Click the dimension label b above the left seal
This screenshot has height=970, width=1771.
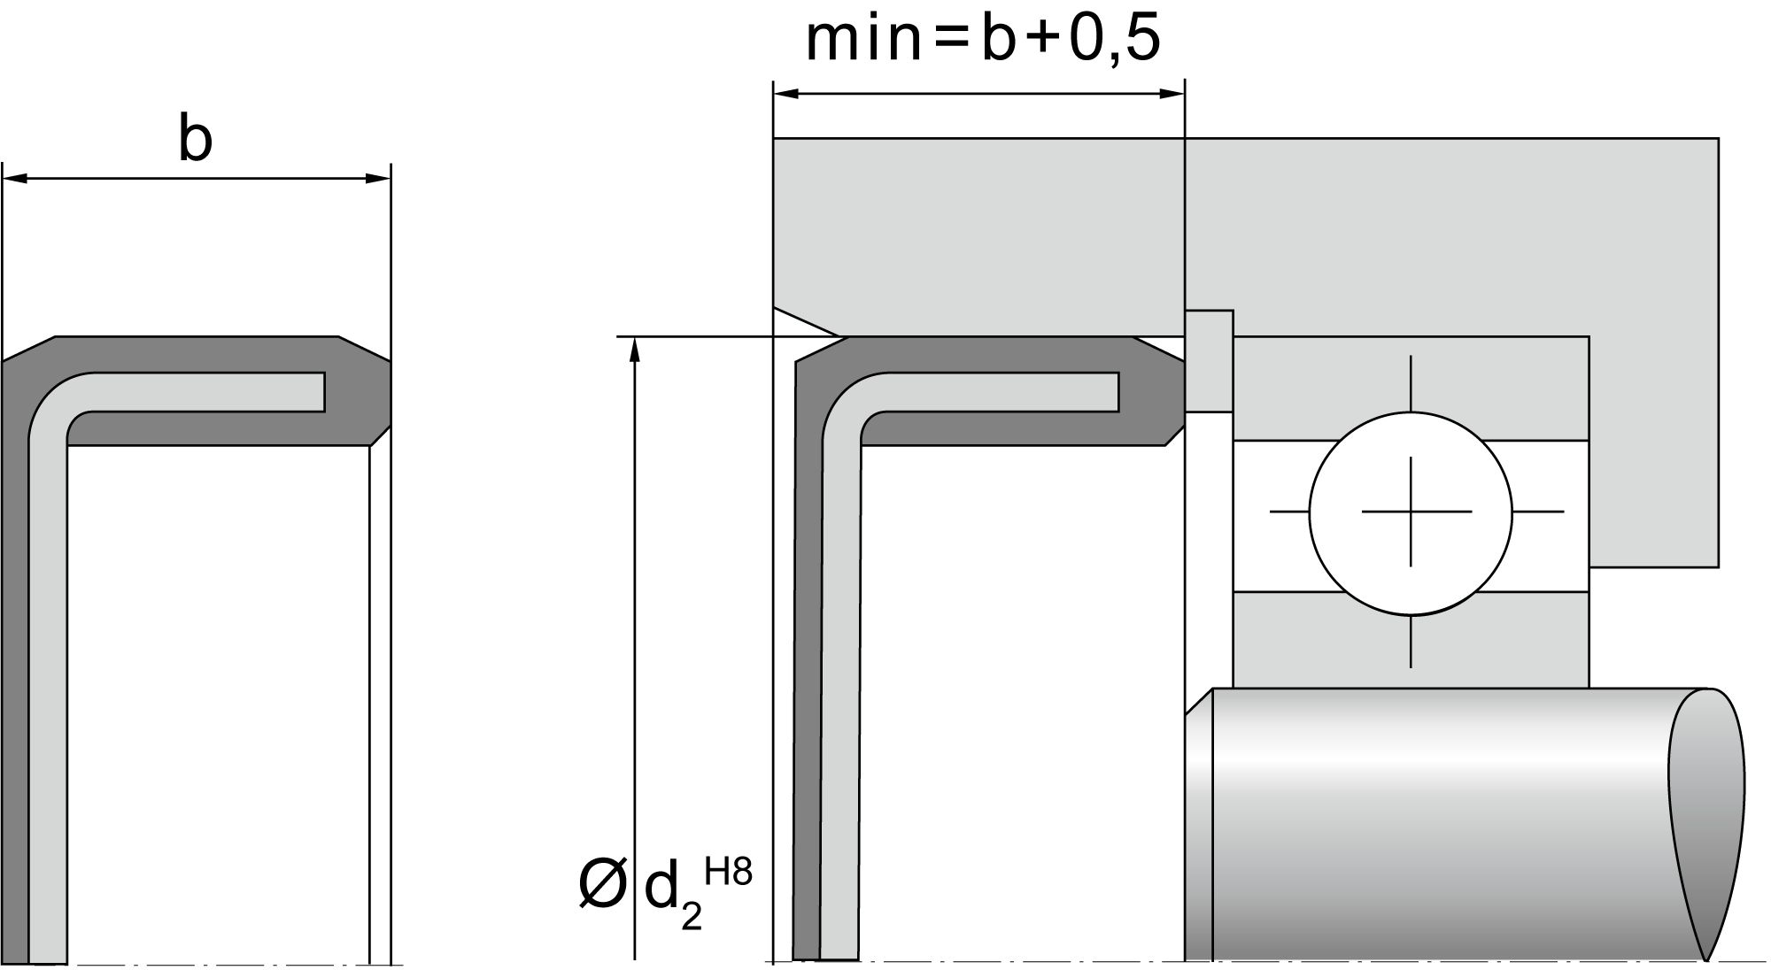(x=196, y=139)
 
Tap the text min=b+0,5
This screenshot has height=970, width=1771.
(x=983, y=39)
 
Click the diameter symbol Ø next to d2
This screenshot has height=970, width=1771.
(x=602, y=883)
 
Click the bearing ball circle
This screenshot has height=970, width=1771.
(x=1411, y=512)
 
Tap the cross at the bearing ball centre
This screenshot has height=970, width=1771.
(x=1411, y=512)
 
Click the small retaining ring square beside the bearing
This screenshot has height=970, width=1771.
(x=1209, y=361)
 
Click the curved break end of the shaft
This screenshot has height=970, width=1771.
(x=1707, y=823)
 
